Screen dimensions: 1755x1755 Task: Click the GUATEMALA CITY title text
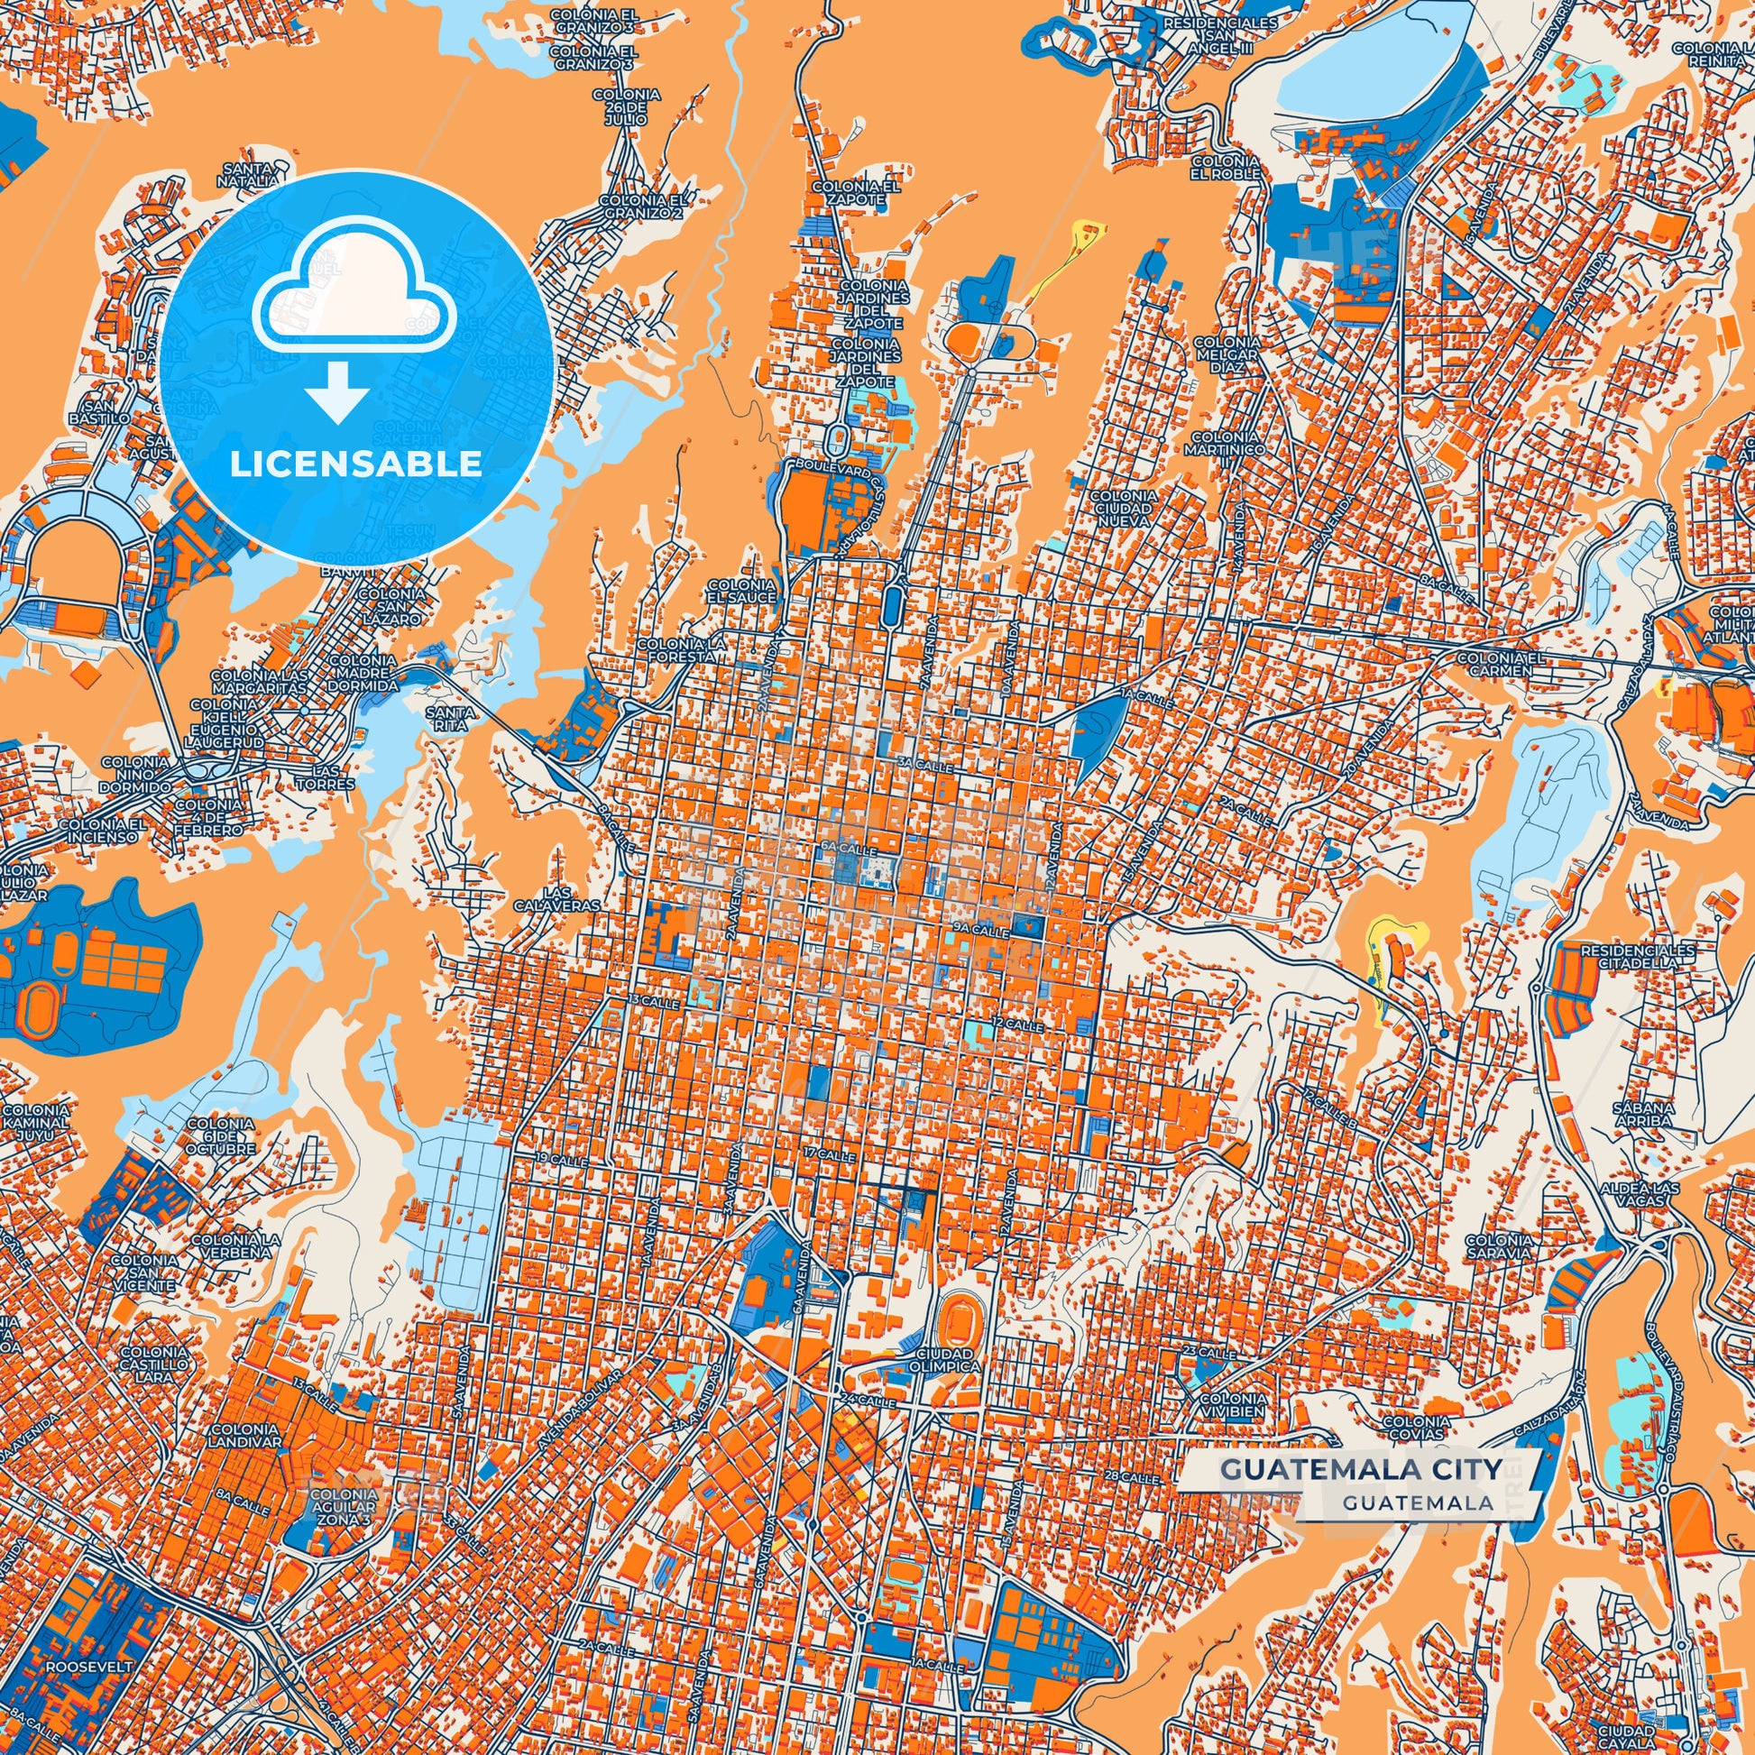1355,1469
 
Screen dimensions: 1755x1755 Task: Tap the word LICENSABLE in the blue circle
355,464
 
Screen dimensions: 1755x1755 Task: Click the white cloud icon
354,287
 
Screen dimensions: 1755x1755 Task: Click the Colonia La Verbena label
231,1245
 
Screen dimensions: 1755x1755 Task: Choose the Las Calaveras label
569,899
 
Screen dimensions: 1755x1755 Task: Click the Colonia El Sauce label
742,591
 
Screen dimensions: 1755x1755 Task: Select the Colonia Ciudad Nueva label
1124,510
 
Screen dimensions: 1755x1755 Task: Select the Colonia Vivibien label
1232,1405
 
